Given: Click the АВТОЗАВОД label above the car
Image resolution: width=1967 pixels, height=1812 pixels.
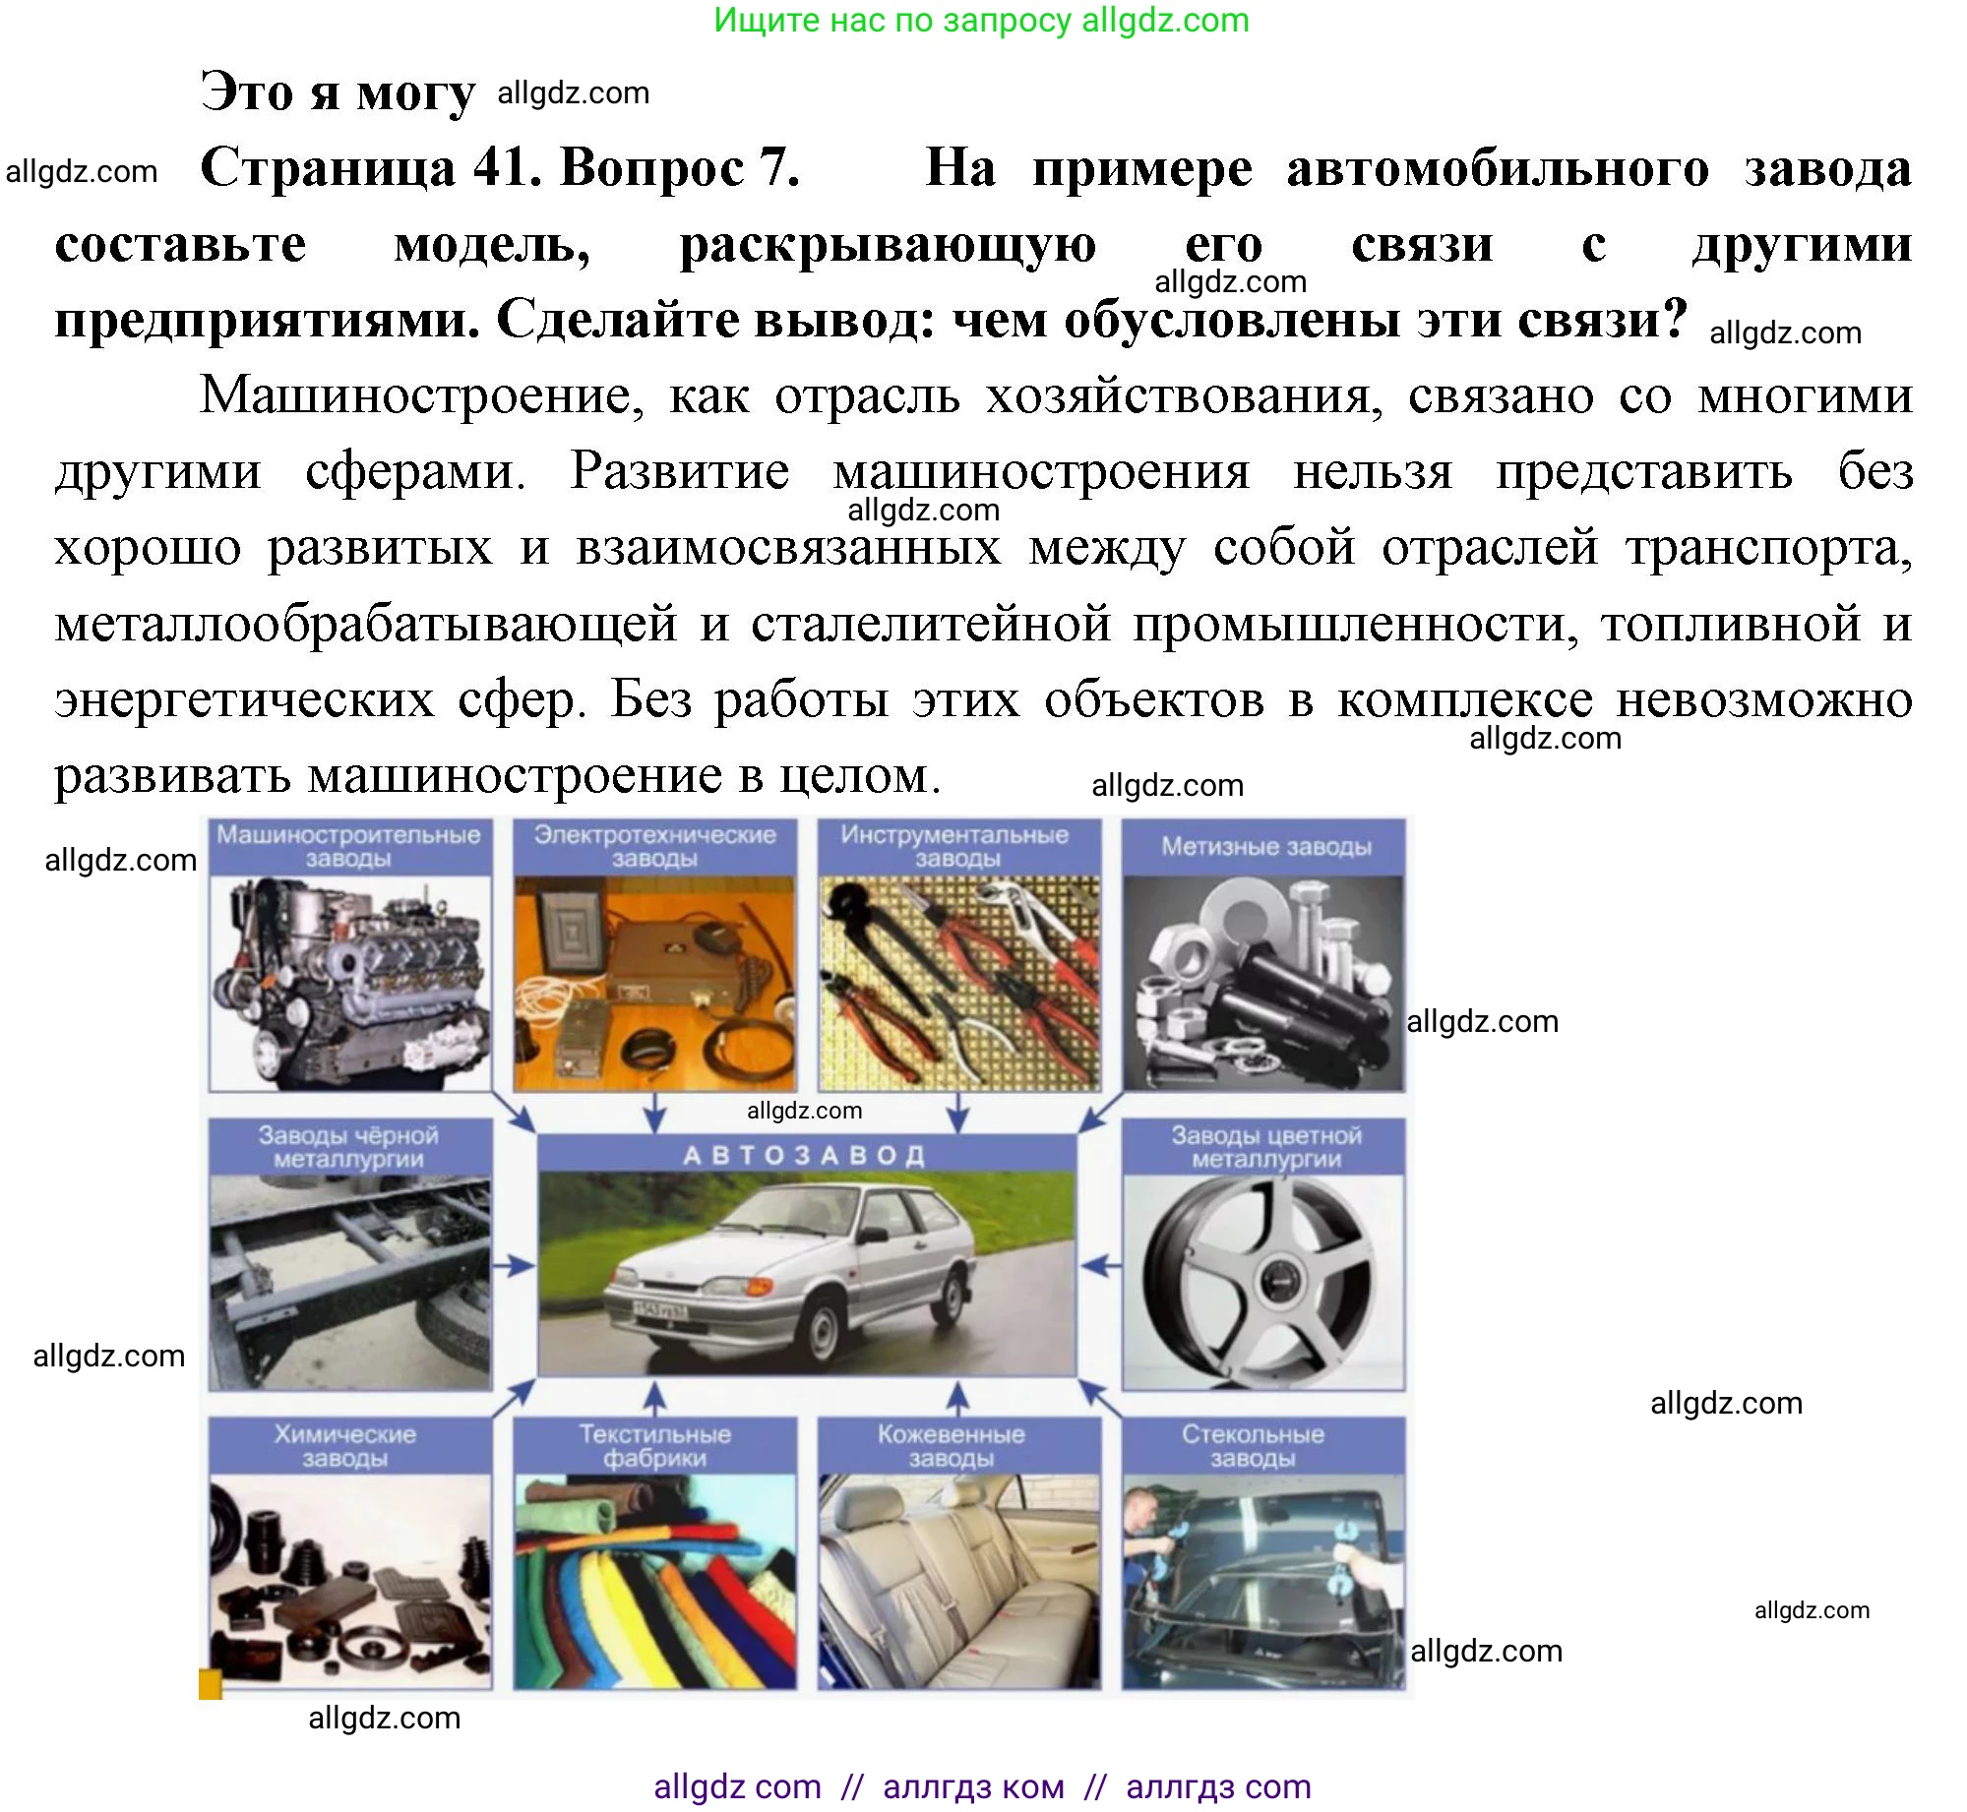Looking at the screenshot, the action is pos(805,1155).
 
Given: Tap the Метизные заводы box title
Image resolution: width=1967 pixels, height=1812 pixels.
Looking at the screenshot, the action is pos(1265,847).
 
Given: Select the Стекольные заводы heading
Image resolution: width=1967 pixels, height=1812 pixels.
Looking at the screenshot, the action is pos(1253,1446).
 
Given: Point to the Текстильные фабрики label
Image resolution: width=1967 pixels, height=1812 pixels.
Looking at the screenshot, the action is pos(654,1446).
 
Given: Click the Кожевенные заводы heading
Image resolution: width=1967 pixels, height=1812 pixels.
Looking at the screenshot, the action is pos(951,1446).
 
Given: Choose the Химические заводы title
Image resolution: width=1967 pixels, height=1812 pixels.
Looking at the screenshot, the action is pos(344,1446).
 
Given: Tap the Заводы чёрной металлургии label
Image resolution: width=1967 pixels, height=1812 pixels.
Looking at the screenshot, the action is pos(348,1147).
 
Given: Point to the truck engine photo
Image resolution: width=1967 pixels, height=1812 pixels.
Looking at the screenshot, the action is pos(350,984).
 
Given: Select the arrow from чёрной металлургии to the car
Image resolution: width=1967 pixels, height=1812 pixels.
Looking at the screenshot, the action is pos(513,1266).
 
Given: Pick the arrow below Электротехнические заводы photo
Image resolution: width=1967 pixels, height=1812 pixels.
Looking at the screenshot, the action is pos(654,1113).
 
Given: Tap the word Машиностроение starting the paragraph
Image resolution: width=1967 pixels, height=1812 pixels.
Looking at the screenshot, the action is pos(422,395).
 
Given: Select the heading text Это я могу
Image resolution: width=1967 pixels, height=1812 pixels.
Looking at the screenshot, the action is pos(338,92).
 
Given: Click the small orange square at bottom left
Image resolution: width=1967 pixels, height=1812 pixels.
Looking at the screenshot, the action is pos(211,1684).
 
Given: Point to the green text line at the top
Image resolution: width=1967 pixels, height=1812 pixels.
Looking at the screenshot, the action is pos(981,21).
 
